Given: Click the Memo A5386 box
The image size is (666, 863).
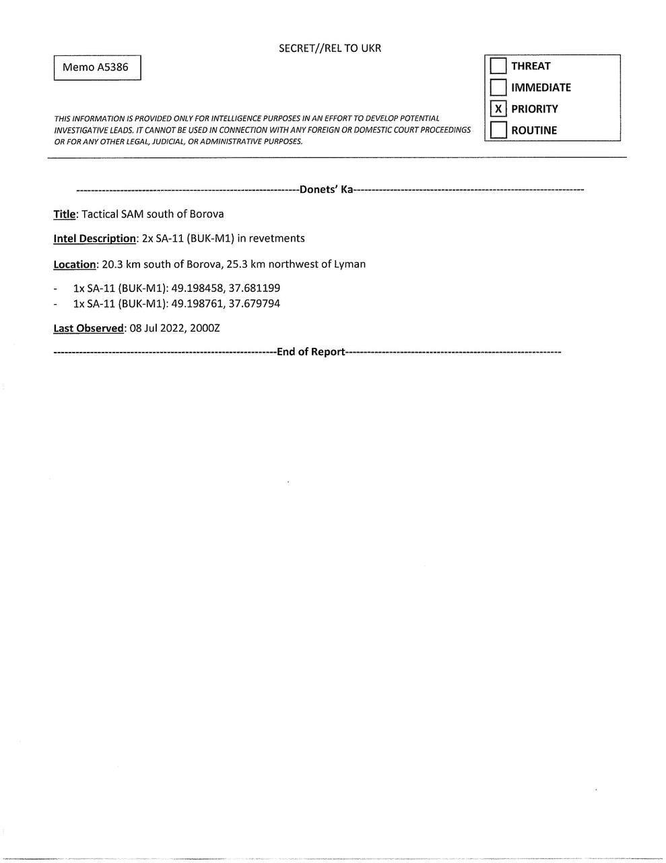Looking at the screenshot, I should (x=97, y=67).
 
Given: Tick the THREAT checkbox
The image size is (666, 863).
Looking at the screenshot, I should (x=498, y=66).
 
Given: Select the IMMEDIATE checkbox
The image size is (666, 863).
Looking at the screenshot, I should (x=498, y=88).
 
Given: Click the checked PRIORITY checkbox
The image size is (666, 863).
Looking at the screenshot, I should (x=498, y=109).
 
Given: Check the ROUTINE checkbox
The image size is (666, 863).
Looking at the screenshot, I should (x=498, y=130).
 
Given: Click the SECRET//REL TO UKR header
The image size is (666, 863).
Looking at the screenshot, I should (x=329, y=48).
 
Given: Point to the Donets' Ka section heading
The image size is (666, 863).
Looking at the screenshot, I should (x=327, y=189).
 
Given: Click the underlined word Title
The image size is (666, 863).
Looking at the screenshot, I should (x=64, y=214).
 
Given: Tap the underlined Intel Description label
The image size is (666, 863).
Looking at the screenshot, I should (x=94, y=239).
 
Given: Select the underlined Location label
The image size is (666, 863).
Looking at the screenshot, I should (x=75, y=264).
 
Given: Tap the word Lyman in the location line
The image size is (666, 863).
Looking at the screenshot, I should (x=349, y=264).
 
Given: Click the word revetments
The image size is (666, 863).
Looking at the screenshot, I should (x=277, y=239).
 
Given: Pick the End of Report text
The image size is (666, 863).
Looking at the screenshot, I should (x=311, y=352).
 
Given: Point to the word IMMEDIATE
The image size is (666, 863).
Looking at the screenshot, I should (x=541, y=88).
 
